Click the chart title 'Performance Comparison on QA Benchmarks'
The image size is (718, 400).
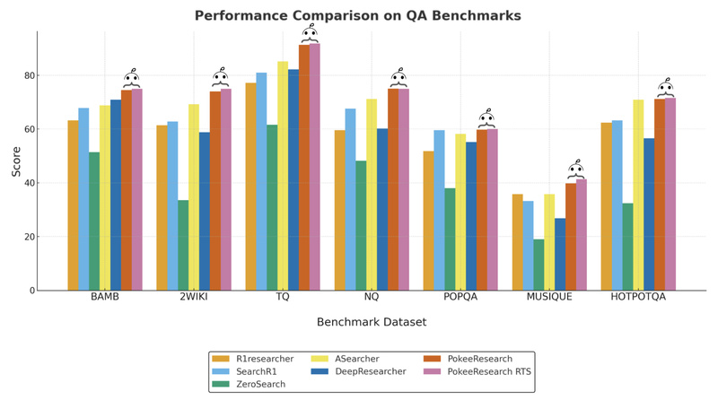[x=358, y=15]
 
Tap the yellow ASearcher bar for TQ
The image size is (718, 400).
[x=283, y=176]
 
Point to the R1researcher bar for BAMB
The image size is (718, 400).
[x=73, y=205]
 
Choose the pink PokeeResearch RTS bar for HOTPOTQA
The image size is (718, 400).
[x=670, y=194]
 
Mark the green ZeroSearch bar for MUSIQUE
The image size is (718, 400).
[x=538, y=265]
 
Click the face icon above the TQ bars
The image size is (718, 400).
[x=309, y=34]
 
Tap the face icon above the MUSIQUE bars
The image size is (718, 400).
[x=576, y=170]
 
